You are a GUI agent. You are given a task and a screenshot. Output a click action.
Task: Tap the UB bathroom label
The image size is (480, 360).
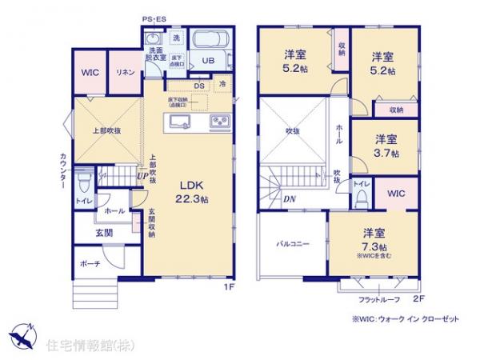pos(207,61)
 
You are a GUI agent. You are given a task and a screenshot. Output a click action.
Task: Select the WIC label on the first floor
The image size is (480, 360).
pos(89,72)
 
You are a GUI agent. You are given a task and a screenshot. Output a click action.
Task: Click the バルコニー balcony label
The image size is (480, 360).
pos(294,242)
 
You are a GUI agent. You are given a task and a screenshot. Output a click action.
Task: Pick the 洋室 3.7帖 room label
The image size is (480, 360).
pos(387,145)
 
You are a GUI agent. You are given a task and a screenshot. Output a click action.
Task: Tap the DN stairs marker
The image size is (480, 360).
pos(288,198)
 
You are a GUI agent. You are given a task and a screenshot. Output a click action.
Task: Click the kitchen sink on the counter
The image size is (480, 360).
pos(178,122)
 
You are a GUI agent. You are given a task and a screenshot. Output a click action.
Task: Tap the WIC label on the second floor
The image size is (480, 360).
pos(395,194)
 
